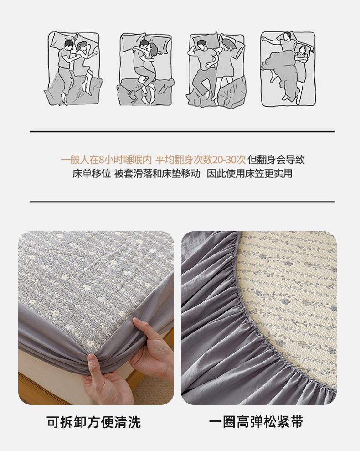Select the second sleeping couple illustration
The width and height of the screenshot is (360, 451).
(x=145, y=69)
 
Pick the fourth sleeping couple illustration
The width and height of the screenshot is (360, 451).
(x=288, y=68)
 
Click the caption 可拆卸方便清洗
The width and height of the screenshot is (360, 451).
(x=94, y=422)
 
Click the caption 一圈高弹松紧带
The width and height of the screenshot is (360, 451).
(x=256, y=422)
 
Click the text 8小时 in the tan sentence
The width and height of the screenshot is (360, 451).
(x=111, y=159)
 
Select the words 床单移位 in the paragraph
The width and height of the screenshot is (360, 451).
(x=92, y=174)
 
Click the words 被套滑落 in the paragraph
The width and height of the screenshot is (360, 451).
(x=133, y=174)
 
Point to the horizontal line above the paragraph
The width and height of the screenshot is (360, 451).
(x=182, y=132)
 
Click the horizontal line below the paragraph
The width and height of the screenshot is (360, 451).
(x=182, y=202)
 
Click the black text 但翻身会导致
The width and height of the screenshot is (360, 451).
(x=276, y=159)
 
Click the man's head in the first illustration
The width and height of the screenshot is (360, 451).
(x=68, y=44)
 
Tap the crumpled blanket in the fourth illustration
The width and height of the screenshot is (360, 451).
(x=280, y=69)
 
